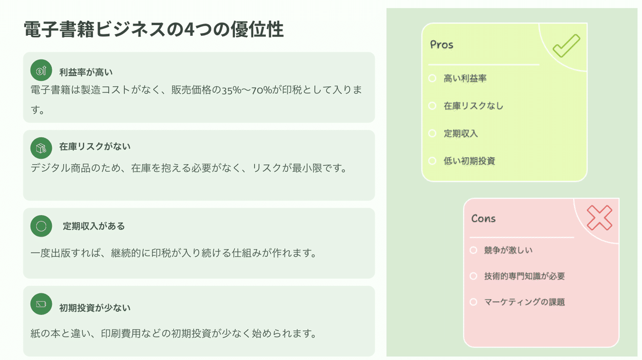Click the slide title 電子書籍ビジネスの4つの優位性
coord(154,30)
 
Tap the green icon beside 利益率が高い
coord(41,70)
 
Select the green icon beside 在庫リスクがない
coord(41,147)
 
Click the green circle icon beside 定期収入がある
coord(41,226)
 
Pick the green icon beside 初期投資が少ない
coord(41,304)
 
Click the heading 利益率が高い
coord(86,72)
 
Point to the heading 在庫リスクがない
coord(95,146)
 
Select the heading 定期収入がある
coord(94,226)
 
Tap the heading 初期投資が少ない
coord(95,308)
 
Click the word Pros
coord(442,45)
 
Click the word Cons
coord(483,219)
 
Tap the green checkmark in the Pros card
coord(566,46)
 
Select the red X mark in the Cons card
coord(599,218)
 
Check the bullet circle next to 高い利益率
coord(432,79)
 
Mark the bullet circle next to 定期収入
coord(432,133)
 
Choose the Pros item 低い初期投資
coord(469,160)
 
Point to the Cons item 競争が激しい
coord(508,250)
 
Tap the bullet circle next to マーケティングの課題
coord(473,302)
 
